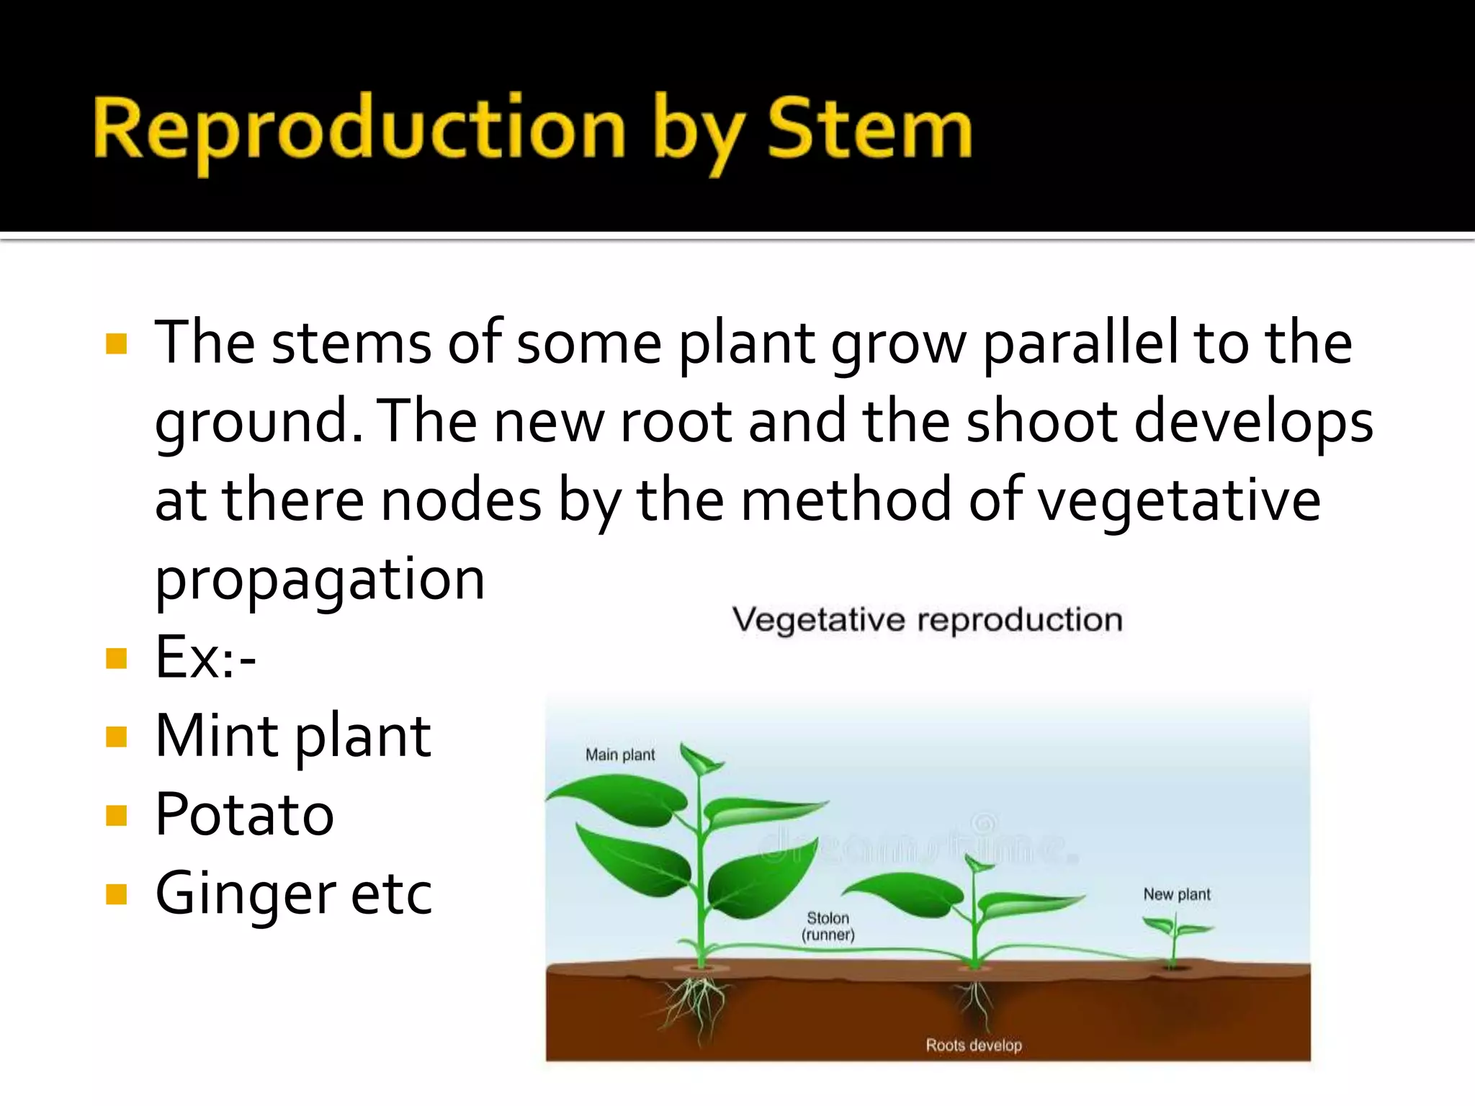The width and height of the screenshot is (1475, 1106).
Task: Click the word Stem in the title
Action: click(x=869, y=130)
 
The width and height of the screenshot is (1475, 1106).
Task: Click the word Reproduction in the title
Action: click(x=359, y=130)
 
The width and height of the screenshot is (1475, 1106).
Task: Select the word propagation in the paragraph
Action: click(x=320, y=580)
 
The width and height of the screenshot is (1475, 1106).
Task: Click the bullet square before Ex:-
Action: click(x=116, y=658)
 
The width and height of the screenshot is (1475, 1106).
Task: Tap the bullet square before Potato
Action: click(x=116, y=816)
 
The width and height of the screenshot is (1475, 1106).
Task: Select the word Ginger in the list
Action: click(x=245, y=894)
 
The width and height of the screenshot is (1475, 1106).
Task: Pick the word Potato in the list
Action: click(x=245, y=815)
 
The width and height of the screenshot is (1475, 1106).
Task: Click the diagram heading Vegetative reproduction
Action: click(x=927, y=620)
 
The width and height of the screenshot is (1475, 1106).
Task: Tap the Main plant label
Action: click(x=620, y=755)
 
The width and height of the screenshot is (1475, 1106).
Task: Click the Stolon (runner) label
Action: click(x=828, y=927)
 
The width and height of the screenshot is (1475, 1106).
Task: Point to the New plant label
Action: click(x=1177, y=894)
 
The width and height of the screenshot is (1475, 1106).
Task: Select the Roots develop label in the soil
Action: click(x=974, y=1045)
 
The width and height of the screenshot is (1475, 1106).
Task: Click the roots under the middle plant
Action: click(x=976, y=1001)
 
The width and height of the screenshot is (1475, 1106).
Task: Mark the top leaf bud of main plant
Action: click(x=700, y=760)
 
